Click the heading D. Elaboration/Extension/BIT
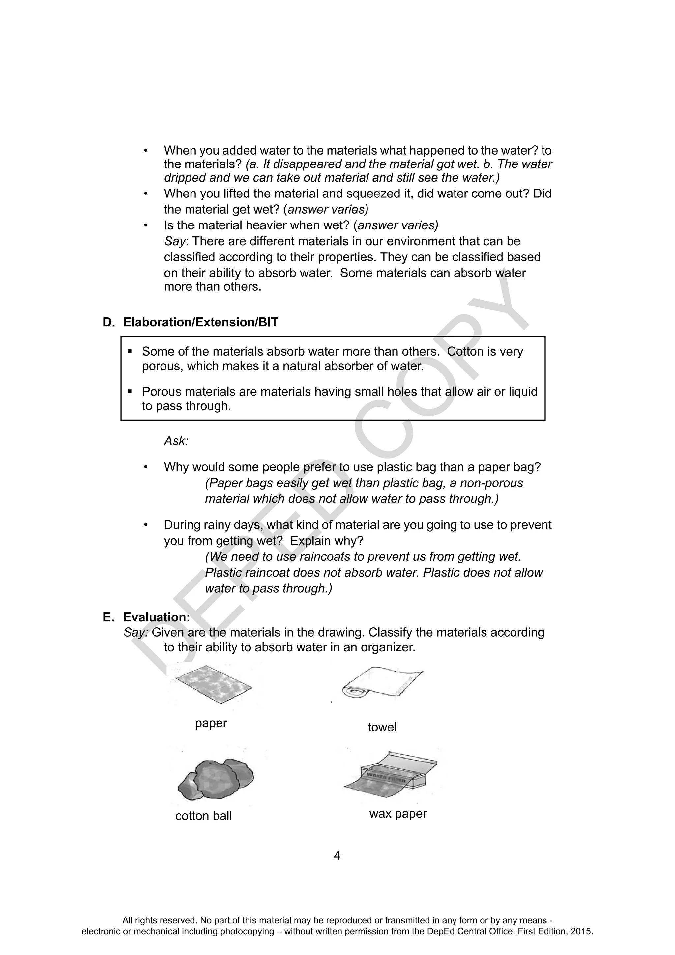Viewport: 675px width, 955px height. point(191,322)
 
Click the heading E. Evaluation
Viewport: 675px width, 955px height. point(146,617)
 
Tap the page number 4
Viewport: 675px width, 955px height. point(337,855)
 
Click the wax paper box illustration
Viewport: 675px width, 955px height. point(391,775)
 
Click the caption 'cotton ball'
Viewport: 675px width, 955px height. point(203,816)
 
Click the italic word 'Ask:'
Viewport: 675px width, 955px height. point(176,441)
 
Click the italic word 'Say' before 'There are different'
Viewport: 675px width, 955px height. point(175,241)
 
